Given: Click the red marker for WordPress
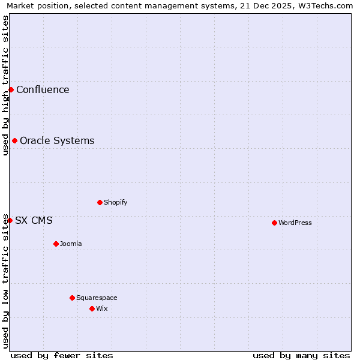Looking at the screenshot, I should coord(274,223).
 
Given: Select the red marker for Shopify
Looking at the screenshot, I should coord(100,202).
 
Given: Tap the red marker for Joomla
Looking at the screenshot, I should coord(56,244).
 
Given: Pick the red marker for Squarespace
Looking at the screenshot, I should coord(72,298).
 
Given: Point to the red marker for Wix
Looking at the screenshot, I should coord(92,308).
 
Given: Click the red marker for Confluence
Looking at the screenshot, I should coord(11,89).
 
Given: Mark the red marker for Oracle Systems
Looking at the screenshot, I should coord(14,140).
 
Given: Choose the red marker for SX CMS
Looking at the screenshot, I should coord(10,220).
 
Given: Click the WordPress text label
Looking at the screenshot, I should coord(295,223).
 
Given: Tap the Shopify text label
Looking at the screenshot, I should coord(116,202).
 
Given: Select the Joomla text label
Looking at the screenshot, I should coord(71,244).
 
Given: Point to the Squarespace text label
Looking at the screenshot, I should coord(97,298).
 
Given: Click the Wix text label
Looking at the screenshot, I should coord(102,308).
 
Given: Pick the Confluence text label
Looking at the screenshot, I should coord(43,89).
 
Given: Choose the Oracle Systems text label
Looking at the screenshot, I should coord(57,140).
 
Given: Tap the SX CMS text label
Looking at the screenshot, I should coord(34,220).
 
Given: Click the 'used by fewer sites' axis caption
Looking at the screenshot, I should coord(62,355).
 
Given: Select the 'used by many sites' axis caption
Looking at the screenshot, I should coord(301,355).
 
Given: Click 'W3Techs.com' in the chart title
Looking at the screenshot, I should coord(327,5).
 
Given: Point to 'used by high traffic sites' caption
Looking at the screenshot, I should coord(5,85).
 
